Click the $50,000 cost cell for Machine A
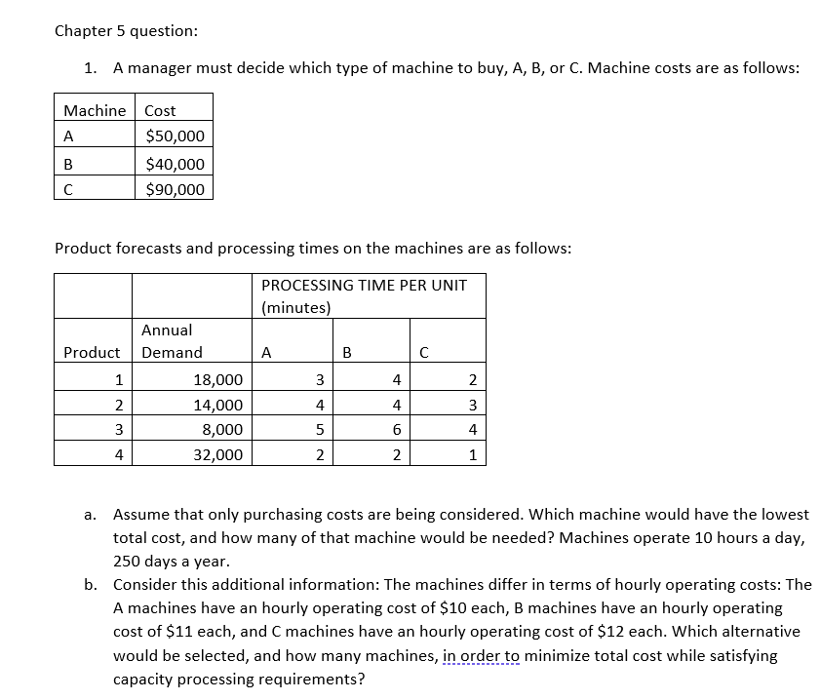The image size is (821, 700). coord(175,136)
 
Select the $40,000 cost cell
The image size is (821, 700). coord(175,164)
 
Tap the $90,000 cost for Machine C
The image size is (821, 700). coord(175,189)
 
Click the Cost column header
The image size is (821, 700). coord(160,110)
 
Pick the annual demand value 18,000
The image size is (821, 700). coord(219,379)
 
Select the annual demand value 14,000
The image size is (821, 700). coord(219,405)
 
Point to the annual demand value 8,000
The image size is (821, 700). coord(223,430)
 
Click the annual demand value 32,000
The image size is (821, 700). coord(219,454)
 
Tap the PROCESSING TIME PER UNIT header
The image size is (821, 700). coord(364,285)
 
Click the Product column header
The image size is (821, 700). coord(92,352)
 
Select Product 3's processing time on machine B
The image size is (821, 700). coord(395,430)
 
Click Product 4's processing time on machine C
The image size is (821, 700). coord(472,454)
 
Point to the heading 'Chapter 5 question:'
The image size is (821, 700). coord(127,30)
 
